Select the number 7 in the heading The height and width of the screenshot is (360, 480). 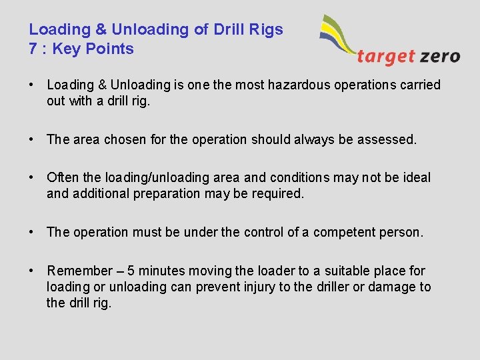[33, 49]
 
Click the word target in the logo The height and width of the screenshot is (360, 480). [386, 56]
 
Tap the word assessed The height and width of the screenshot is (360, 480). [387, 139]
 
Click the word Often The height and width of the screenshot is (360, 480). [62, 177]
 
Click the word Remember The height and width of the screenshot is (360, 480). [80, 271]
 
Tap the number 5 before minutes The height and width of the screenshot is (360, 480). [131, 271]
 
